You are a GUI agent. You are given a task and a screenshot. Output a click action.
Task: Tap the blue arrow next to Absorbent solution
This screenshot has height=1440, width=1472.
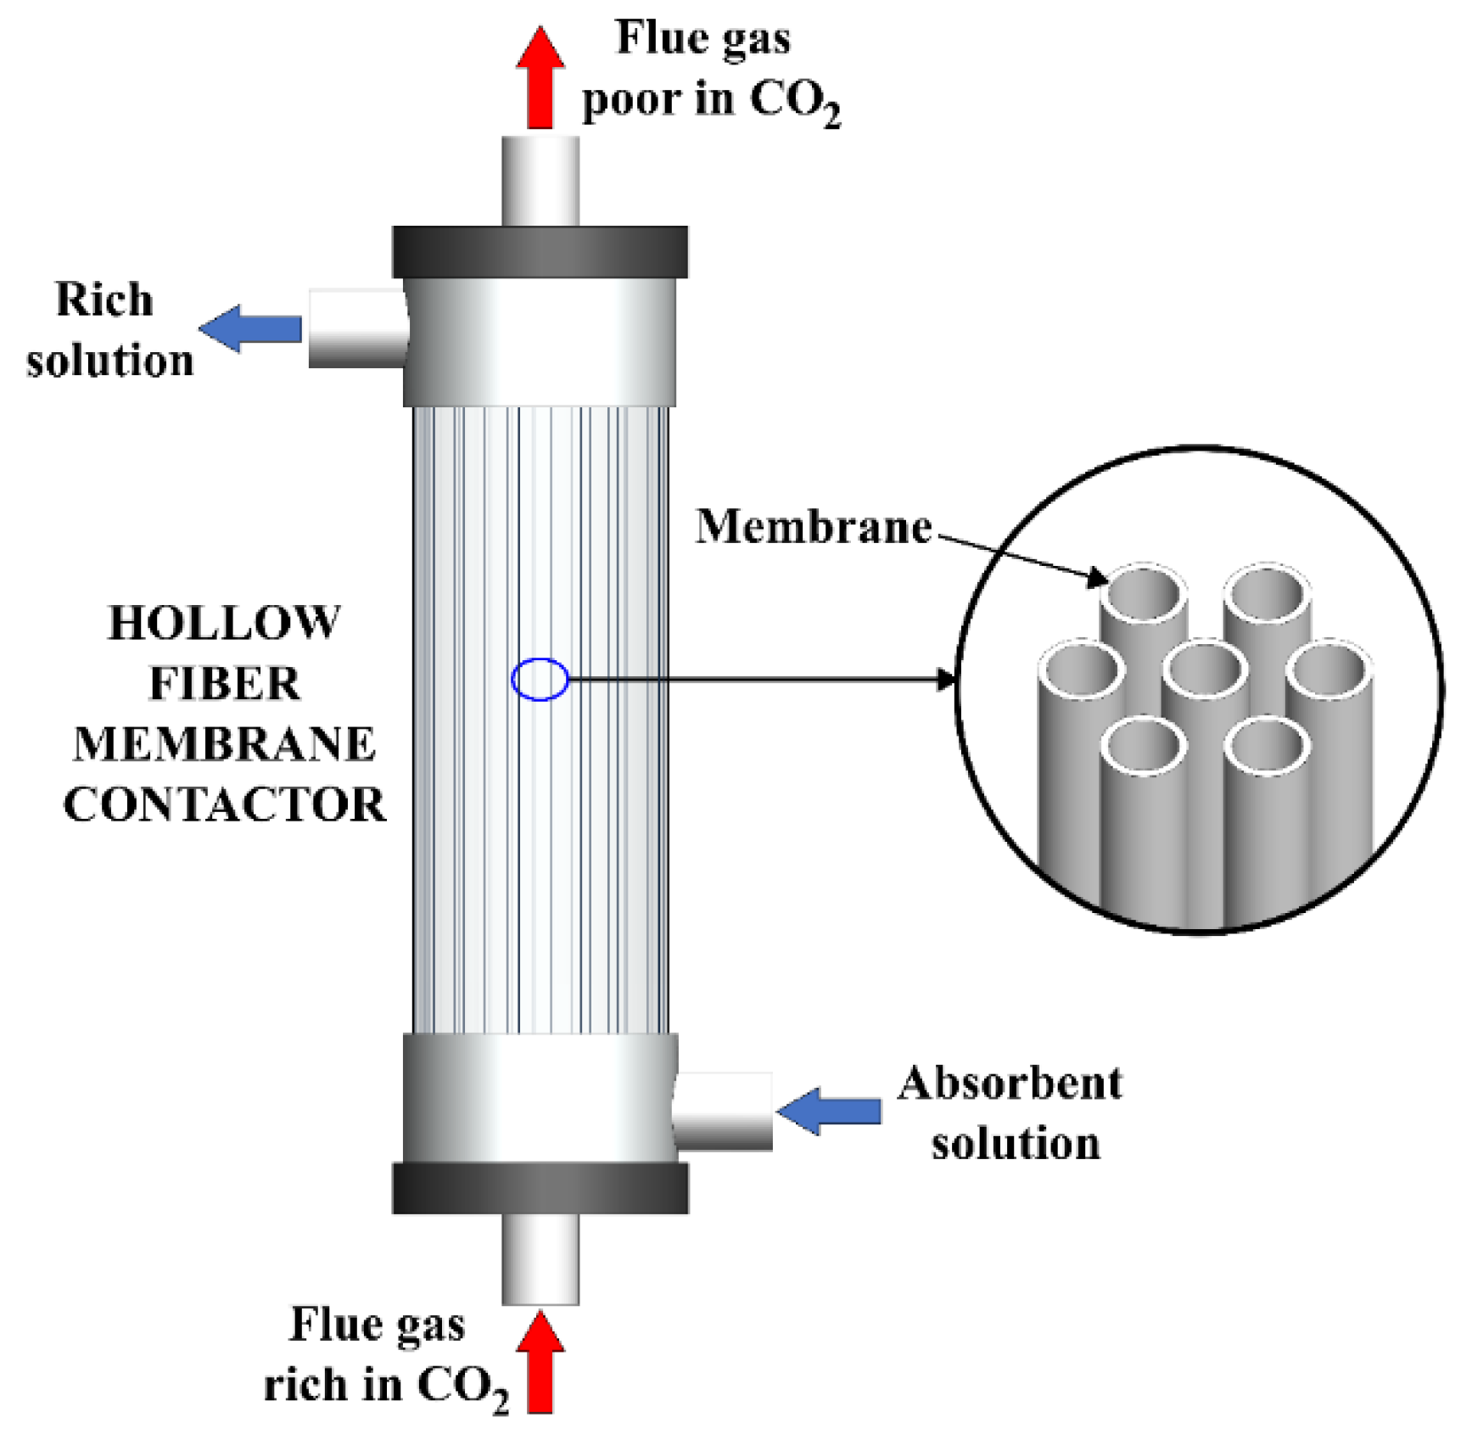829,1111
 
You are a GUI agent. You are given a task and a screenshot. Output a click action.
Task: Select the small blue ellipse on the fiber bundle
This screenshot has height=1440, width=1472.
540,679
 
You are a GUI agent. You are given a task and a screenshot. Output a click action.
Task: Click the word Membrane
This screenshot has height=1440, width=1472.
813,527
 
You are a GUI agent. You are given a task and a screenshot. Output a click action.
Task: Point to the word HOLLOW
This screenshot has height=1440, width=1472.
224,623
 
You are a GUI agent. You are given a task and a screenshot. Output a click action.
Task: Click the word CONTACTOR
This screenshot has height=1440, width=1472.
224,804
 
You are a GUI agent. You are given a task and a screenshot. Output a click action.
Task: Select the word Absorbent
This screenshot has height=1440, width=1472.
1010,1084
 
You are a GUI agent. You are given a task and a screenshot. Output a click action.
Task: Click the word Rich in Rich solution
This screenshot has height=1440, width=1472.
104,300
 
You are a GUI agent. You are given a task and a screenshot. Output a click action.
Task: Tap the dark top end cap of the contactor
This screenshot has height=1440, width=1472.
540,252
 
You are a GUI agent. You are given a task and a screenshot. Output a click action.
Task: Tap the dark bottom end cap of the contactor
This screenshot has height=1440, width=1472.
540,1188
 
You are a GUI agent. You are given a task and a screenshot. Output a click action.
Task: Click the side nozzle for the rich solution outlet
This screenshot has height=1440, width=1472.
357,328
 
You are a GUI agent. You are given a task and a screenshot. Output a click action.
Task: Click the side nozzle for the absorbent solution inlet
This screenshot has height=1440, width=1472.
723,1111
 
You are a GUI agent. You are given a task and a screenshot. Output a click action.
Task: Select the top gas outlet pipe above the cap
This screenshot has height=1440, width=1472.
540,181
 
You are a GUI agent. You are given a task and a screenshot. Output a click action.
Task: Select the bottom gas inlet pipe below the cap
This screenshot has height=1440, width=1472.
540,1258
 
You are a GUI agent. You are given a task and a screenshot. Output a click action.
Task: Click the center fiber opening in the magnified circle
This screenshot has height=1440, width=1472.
1205,670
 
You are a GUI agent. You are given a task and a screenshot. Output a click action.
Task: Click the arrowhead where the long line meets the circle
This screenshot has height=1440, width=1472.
945,679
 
